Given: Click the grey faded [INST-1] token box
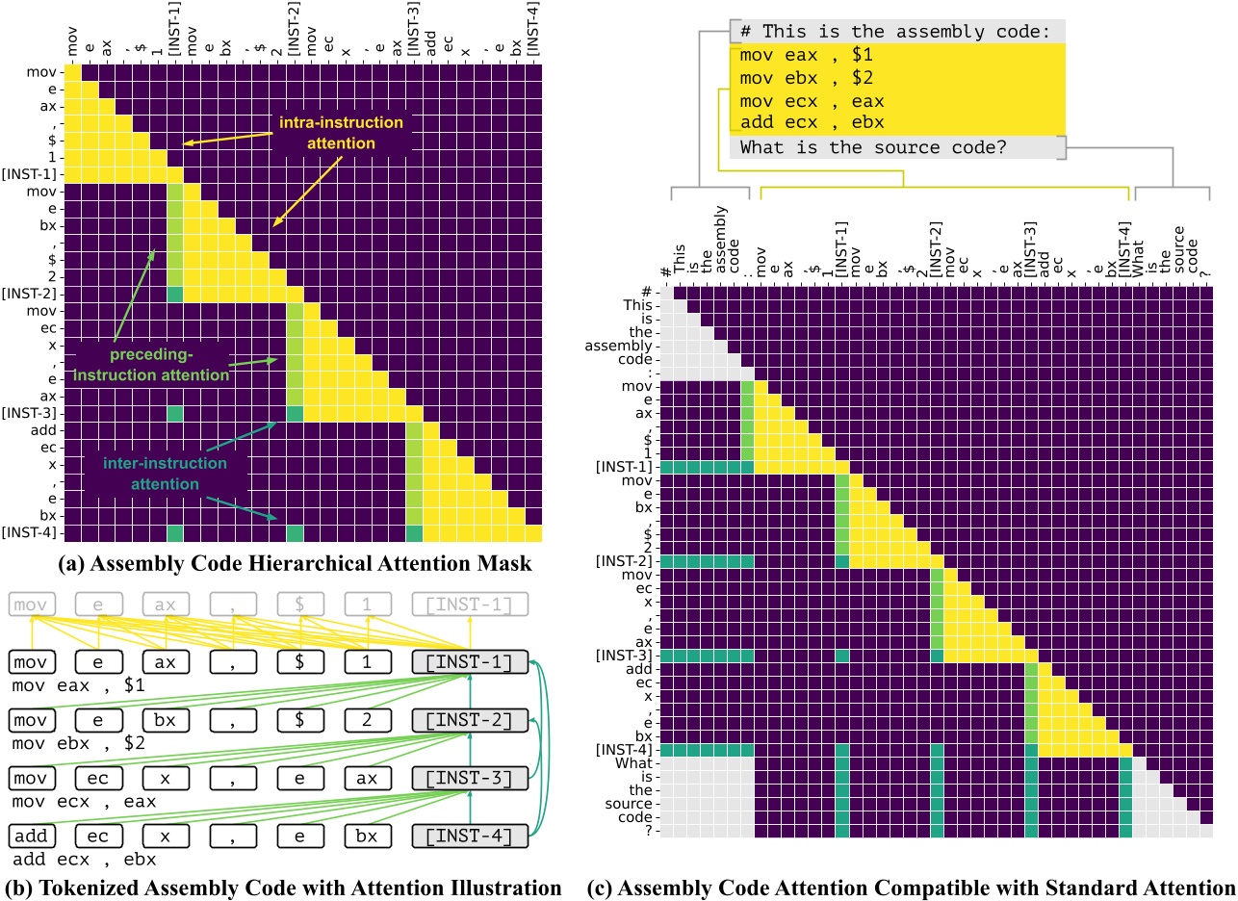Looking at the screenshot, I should [x=469, y=605].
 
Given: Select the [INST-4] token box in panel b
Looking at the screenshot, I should [x=469, y=836].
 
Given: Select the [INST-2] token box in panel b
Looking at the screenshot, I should [x=469, y=720].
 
